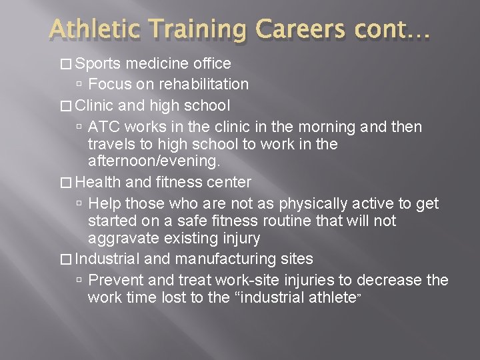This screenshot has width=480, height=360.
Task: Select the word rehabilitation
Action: (200, 84)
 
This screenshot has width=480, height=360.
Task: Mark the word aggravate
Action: (123, 237)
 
